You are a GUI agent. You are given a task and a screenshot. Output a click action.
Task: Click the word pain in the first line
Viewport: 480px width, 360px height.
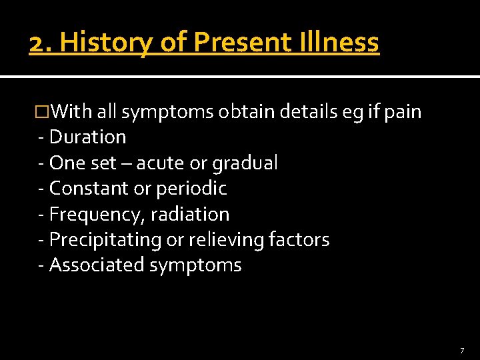click(x=403, y=112)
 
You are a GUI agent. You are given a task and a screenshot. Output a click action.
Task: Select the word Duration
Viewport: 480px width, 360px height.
click(x=87, y=137)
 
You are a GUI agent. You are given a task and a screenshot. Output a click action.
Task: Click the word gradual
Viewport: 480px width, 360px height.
click(x=245, y=163)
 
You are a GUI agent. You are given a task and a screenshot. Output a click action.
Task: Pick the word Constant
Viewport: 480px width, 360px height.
click(x=89, y=189)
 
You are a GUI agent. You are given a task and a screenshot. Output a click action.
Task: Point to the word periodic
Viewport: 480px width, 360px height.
click(x=191, y=189)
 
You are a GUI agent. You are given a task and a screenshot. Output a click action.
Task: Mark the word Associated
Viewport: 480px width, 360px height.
click(x=97, y=265)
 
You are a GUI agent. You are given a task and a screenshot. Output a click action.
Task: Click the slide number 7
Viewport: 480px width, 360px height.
click(x=461, y=351)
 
